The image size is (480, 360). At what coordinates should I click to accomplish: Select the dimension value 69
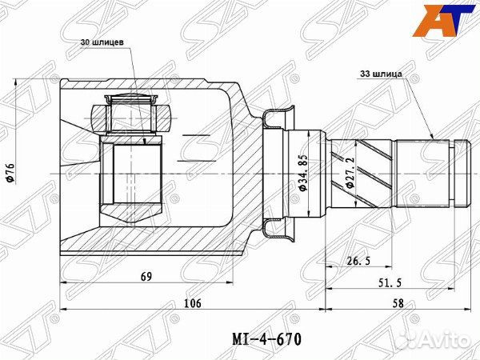coord(145,277)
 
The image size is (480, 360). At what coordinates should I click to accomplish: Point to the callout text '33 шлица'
coord(379,73)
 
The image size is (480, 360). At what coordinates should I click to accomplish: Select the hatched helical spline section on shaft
coord(364,172)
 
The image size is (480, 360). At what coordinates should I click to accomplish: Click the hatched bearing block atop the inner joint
coord(132,117)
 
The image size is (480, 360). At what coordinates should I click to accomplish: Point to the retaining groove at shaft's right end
coord(457,172)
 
